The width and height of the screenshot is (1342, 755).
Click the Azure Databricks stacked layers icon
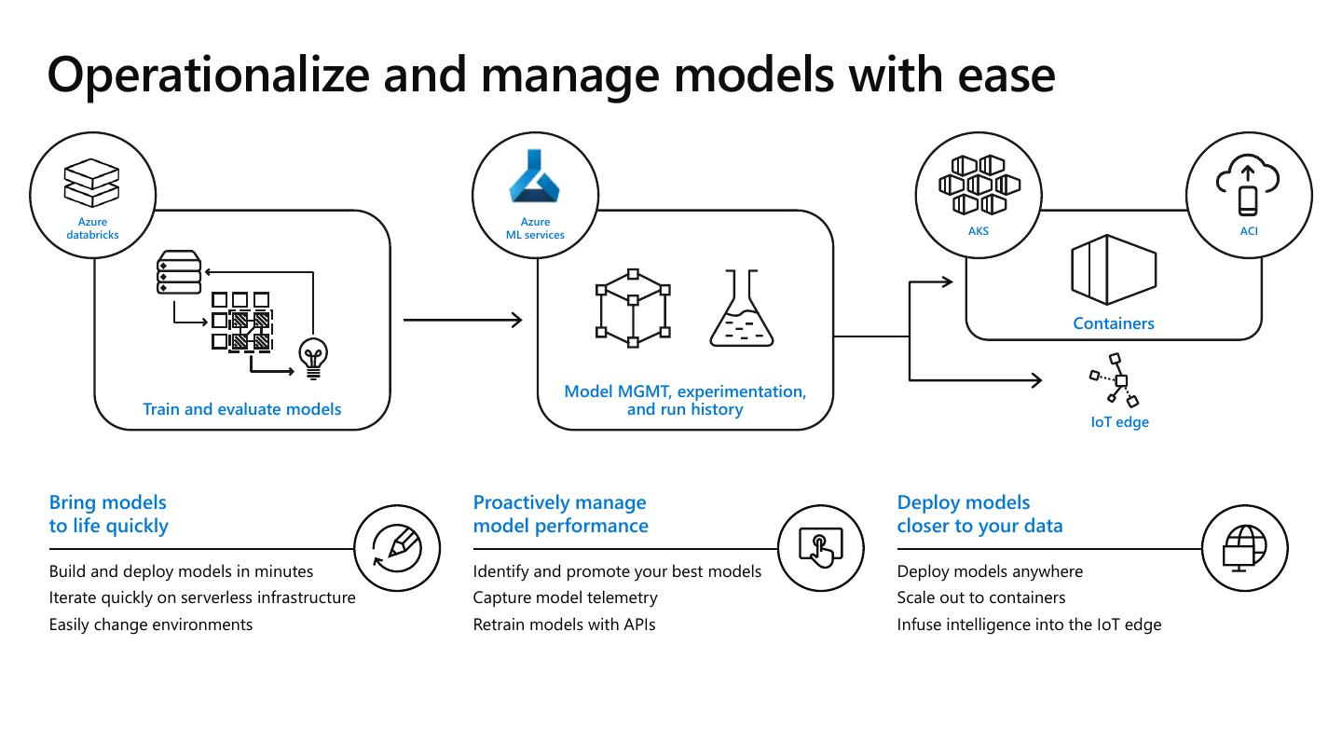click(91, 183)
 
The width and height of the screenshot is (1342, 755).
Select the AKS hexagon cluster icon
click(979, 186)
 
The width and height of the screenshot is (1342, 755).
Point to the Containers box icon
click(1114, 270)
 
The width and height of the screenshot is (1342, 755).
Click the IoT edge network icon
click(1115, 379)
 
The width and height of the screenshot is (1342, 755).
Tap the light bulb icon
click(312, 358)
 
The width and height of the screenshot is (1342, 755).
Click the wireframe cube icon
click(633, 309)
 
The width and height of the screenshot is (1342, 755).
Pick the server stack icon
click(179, 272)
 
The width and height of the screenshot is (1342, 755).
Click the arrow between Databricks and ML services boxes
click(462, 320)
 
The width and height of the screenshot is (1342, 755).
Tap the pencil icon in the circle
click(398, 547)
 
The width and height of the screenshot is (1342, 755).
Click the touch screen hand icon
click(821, 547)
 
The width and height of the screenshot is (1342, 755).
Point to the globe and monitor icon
click(1245, 547)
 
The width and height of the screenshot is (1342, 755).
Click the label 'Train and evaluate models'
click(241, 409)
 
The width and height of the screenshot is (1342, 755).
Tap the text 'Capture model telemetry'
click(565, 597)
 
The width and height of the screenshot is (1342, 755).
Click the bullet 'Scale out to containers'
click(980, 597)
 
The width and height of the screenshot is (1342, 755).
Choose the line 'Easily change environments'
click(151, 625)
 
